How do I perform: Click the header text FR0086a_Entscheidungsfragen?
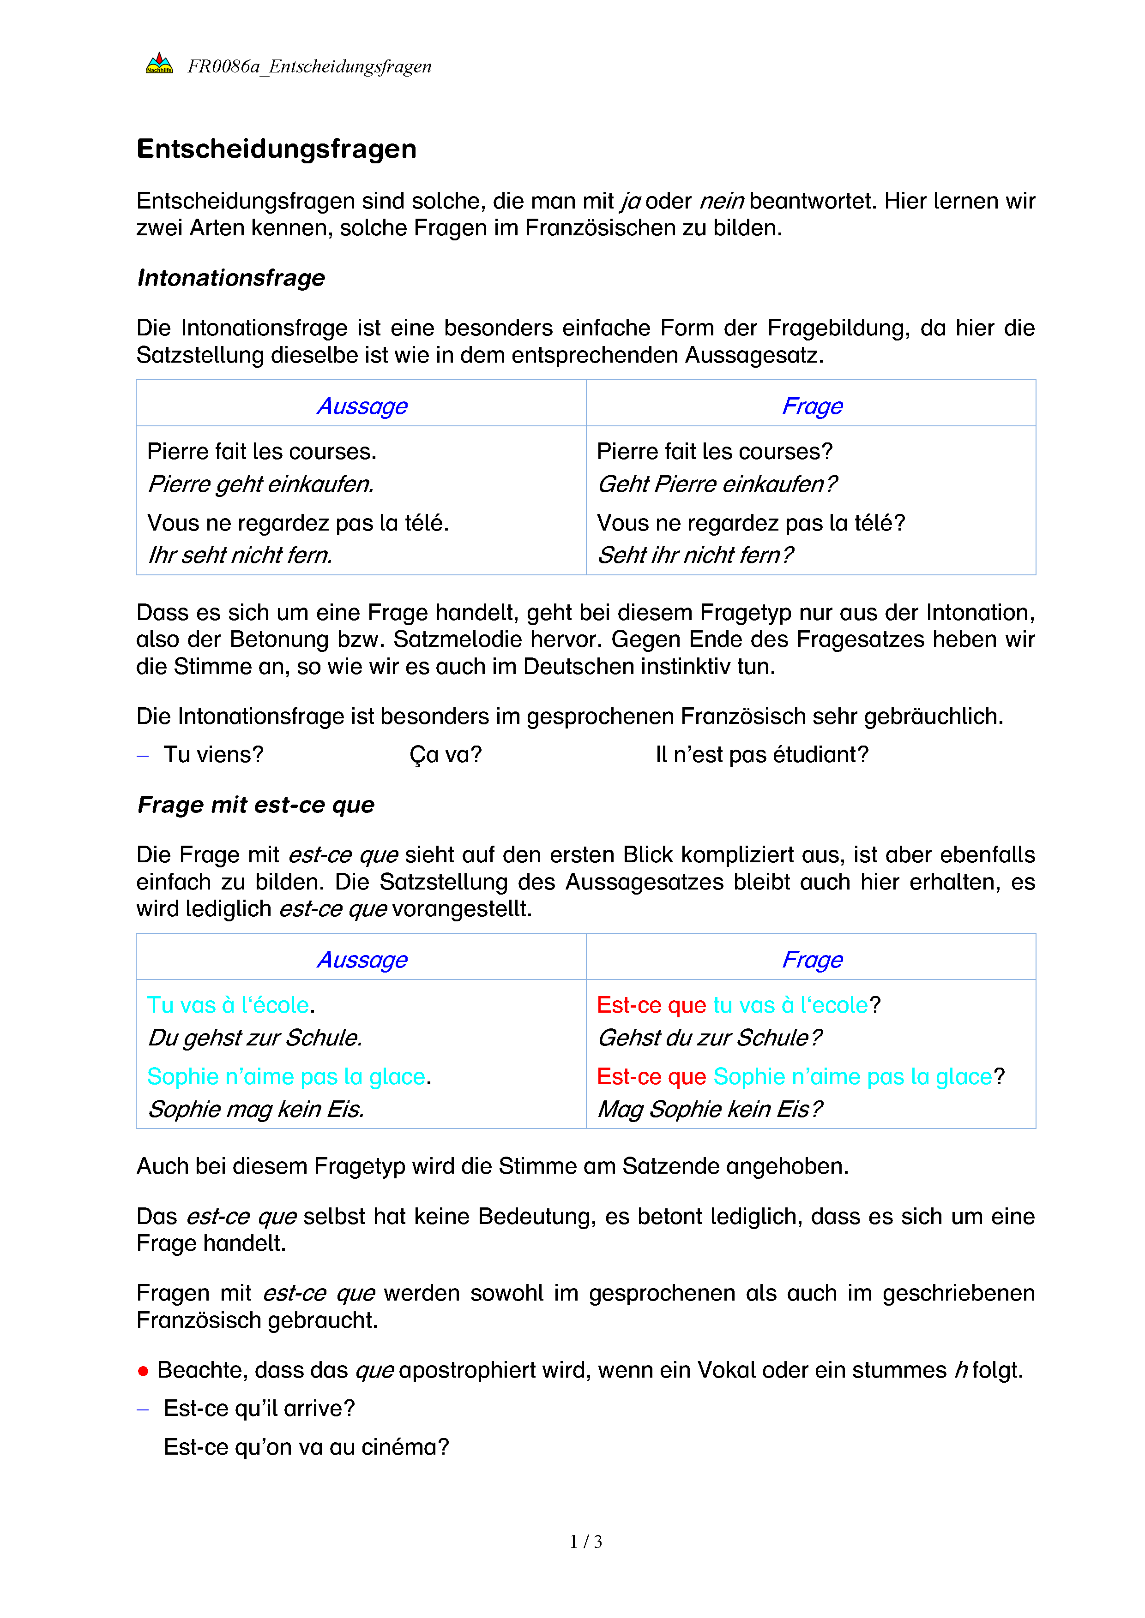(x=309, y=66)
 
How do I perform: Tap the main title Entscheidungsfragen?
(x=277, y=149)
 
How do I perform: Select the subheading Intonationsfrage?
(x=231, y=278)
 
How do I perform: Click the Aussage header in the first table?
(x=362, y=406)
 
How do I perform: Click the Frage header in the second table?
(x=812, y=959)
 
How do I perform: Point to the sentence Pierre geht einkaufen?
(x=261, y=484)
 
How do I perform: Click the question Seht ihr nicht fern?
(x=695, y=555)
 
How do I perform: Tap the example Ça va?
(x=446, y=755)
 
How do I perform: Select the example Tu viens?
(x=213, y=755)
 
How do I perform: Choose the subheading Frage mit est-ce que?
(x=256, y=805)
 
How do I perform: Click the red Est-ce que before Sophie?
(x=651, y=1077)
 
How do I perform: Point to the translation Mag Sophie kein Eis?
(x=709, y=1109)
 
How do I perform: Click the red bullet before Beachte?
(x=143, y=1371)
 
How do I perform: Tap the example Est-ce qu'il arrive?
(x=259, y=1408)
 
